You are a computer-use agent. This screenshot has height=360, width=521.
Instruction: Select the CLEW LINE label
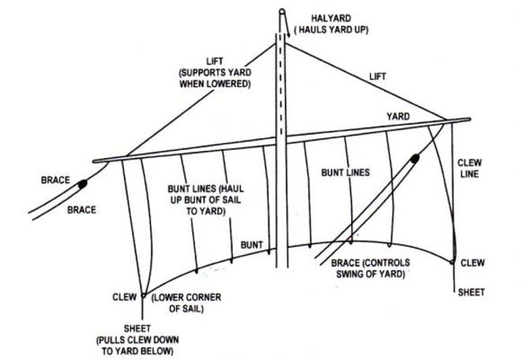point(472,170)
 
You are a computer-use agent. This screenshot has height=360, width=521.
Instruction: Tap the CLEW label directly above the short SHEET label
point(472,261)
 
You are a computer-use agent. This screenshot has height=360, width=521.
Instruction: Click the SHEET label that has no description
point(472,291)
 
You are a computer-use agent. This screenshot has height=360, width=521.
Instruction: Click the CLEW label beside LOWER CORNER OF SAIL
point(125,297)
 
